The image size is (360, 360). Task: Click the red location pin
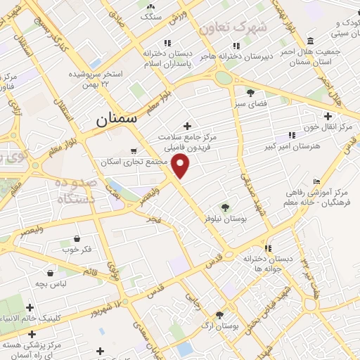(181, 166)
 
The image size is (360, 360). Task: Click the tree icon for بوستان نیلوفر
(224, 207)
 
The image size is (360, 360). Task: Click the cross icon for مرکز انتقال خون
(327, 116)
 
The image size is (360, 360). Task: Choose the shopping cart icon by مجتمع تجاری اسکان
(134, 150)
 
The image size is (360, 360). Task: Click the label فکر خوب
(77, 249)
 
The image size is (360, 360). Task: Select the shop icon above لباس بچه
(50, 272)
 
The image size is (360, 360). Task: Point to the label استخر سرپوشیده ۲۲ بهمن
(96, 78)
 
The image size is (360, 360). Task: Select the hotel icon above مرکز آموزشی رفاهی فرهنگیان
(316, 181)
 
